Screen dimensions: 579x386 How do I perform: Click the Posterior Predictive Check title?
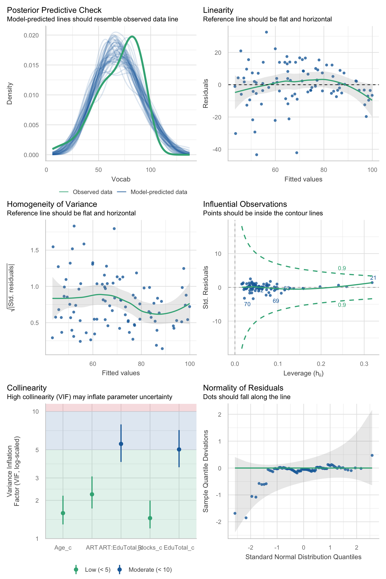pos(54,10)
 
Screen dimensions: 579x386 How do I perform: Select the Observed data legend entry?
pos(92,192)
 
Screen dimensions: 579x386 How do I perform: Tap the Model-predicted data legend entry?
pos(159,192)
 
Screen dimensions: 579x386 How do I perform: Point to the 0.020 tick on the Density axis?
pos(31,35)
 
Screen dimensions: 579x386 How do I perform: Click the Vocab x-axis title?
pos(121,179)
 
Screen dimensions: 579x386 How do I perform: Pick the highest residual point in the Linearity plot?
pos(266,32)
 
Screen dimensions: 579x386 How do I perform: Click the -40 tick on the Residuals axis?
pos(217,150)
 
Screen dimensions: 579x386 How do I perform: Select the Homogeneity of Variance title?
pos(52,204)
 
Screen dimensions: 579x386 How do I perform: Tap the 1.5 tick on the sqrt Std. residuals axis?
pos(34,250)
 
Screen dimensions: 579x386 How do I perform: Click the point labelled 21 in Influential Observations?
pos(372,283)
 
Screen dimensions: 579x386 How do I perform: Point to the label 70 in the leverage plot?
pos(247,304)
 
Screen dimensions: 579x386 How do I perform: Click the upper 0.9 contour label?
pos(342,268)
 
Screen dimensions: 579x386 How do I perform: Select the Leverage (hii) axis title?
pos(303,373)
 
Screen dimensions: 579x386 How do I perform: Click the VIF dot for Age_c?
pos(63,513)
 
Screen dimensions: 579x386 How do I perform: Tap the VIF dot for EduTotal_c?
pos(179,449)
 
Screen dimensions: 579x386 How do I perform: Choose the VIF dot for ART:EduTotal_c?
pos(121,444)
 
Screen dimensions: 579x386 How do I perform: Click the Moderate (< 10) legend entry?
pos(150,570)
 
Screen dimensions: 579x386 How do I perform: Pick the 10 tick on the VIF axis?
pos(35,412)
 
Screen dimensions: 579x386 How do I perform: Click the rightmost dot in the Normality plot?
pos(372,455)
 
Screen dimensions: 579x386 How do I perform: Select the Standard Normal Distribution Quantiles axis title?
pos(303,557)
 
